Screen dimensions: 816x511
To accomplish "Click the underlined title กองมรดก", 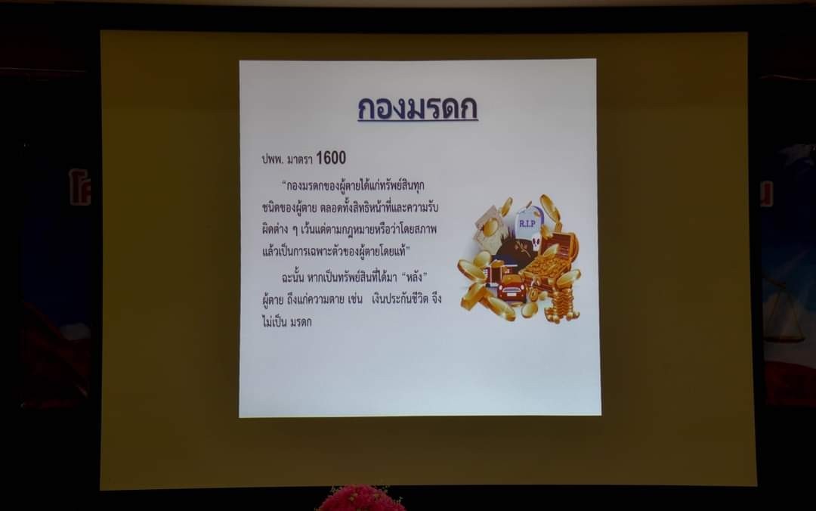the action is pyautogui.click(x=417, y=108).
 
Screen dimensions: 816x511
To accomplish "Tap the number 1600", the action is pyautogui.click(x=331, y=158).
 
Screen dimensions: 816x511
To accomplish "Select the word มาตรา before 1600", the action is pyautogui.click(x=300, y=159).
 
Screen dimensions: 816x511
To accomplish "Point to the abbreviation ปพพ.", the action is pyautogui.click(x=272, y=159).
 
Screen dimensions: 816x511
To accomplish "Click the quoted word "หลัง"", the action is pyautogui.click(x=415, y=277).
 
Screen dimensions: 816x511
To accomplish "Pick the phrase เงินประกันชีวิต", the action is pyautogui.click(x=400, y=299).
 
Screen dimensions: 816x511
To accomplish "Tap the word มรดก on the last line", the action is pyautogui.click(x=301, y=322).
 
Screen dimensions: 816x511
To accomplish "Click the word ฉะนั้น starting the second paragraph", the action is pyautogui.click(x=292, y=277).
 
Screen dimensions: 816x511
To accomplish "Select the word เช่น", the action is pyautogui.click(x=354, y=299).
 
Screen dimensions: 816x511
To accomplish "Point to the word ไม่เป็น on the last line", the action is pyautogui.click(x=274, y=322).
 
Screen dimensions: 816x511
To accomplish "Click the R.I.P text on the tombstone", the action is pyautogui.click(x=527, y=224).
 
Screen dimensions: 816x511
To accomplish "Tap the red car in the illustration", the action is pyautogui.click(x=512, y=289).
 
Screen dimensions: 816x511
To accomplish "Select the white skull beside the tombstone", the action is pyautogui.click(x=536, y=243).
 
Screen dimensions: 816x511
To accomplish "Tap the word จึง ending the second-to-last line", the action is pyautogui.click(x=436, y=299).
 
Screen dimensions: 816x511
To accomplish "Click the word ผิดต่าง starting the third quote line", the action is pyautogui.click(x=275, y=229).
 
